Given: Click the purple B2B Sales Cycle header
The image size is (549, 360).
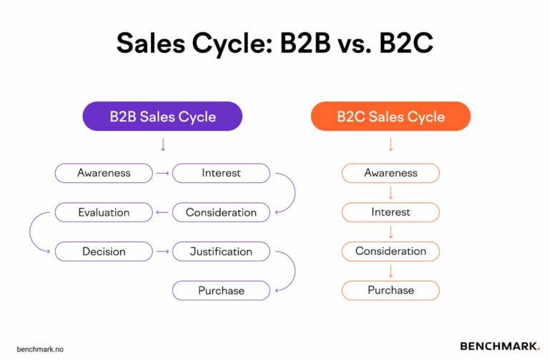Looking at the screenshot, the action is click(x=162, y=116).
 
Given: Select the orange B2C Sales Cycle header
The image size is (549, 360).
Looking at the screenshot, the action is click(x=391, y=116).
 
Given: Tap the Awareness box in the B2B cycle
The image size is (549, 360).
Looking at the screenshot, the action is click(x=104, y=173).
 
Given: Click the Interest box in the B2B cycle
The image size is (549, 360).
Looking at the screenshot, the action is click(x=221, y=173).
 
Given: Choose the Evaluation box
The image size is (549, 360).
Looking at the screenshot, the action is click(x=104, y=212).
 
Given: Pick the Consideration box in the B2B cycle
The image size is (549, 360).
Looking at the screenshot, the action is click(x=221, y=212).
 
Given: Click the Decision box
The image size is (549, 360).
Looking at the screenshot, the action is click(x=104, y=251).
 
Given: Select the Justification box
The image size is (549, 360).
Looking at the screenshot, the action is click(x=221, y=251).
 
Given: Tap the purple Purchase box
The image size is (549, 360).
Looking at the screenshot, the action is click(x=221, y=291).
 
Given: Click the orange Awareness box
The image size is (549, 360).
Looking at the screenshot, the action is click(x=391, y=173).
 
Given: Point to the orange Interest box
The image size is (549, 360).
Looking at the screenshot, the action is click(x=391, y=212).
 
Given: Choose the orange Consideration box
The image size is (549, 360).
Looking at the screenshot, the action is click(x=391, y=251).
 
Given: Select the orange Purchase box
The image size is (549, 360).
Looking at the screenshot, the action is click(x=391, y=291).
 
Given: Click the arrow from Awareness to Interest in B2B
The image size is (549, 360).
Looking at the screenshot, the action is click(x=162, y=173).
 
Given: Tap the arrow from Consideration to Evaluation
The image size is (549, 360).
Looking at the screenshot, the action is click(x=162, y=212).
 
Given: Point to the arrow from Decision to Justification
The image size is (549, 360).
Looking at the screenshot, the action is click(x=162, y=251).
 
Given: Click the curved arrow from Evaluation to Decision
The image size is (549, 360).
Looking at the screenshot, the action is click(x=30, y=232).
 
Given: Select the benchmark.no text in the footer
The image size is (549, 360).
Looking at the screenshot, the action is click(x=40, y=349).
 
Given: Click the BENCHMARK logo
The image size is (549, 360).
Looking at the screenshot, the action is click(x=500, y=346).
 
